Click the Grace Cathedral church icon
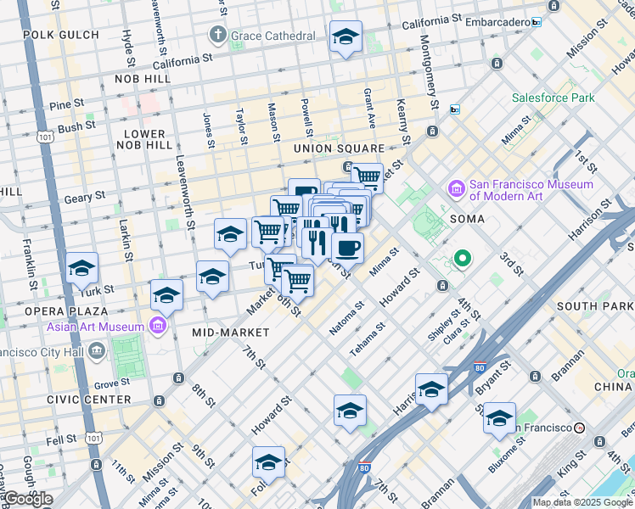[x=218, y=36]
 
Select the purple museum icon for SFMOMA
[x=456, y=187]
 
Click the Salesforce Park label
[x=553, y=98]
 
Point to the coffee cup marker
[x=347, y=249]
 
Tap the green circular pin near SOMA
[x=463, y=258]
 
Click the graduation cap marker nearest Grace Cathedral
[x=345, y=37]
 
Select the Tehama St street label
[x=368, y=338]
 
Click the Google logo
[x=27, y=499]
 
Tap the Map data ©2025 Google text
[x=582, y=502]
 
